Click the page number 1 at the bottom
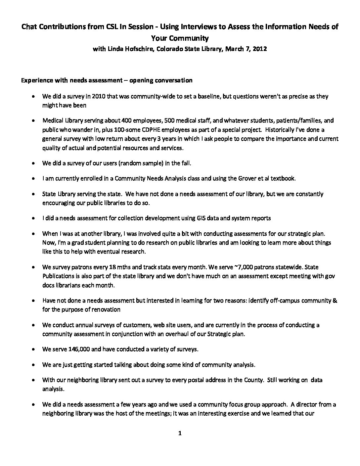point(180,434)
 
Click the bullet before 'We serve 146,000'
point(34,349)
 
